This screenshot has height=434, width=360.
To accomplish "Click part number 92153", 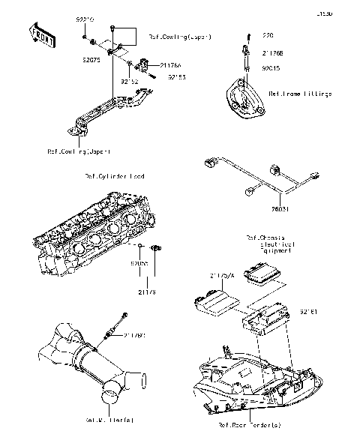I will (176, 77).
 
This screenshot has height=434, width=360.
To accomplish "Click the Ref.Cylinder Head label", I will (115, 177).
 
